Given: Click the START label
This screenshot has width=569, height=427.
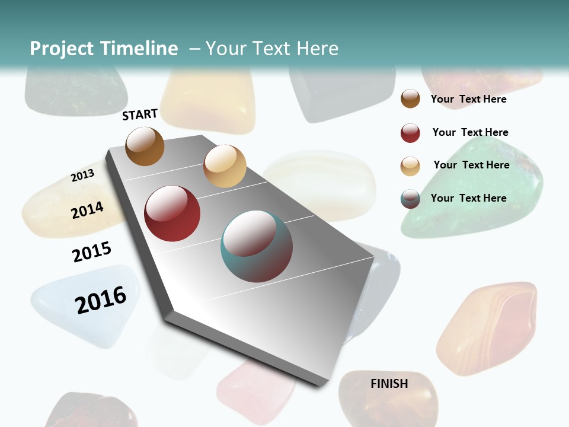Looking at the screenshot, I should pyautogui.click(x=140, y=114).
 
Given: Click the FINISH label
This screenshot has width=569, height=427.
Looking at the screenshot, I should pyautogui.click(x=389, y=384).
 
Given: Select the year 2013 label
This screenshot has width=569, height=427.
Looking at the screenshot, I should pyautogui.click(x=82, y=176).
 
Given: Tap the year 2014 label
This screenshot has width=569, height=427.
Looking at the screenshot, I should pyautogui.click(x=87, y=210).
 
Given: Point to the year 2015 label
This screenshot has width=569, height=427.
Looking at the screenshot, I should pyautogui.click(x=92, y=252).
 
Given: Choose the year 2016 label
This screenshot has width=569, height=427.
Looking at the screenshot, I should pyautogui.click(x=101, y=299).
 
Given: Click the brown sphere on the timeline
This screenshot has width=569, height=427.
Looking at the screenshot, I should pyautogui.click(x=145, y=146).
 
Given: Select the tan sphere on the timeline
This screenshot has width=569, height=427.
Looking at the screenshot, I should pyautogui.click(x=225, y=166).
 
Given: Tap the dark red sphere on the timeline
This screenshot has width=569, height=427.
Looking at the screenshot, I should pyautogui.click(x=172, y=213).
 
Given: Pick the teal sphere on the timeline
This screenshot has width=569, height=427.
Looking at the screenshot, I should pyautogui.click(x=257, y=246).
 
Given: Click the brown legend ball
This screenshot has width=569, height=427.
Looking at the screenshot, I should pyautogui.click(x=410, y=99).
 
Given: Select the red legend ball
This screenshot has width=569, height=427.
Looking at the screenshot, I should pyautogui.click(x=410, y=133).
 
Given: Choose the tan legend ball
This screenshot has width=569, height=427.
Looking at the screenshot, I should pyautogui.click(x=410, y=166).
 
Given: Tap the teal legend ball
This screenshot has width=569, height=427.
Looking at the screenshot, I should pyautogui.click(x=410, y=199).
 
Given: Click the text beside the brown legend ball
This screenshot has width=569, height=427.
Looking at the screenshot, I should pyautogui.click(x=468, y=99).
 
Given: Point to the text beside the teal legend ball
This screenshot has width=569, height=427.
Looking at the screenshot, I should pyautogui.click(x=468, y=198).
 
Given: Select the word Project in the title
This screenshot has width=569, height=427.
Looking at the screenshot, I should pyautogui.click(x=62, y=49).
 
